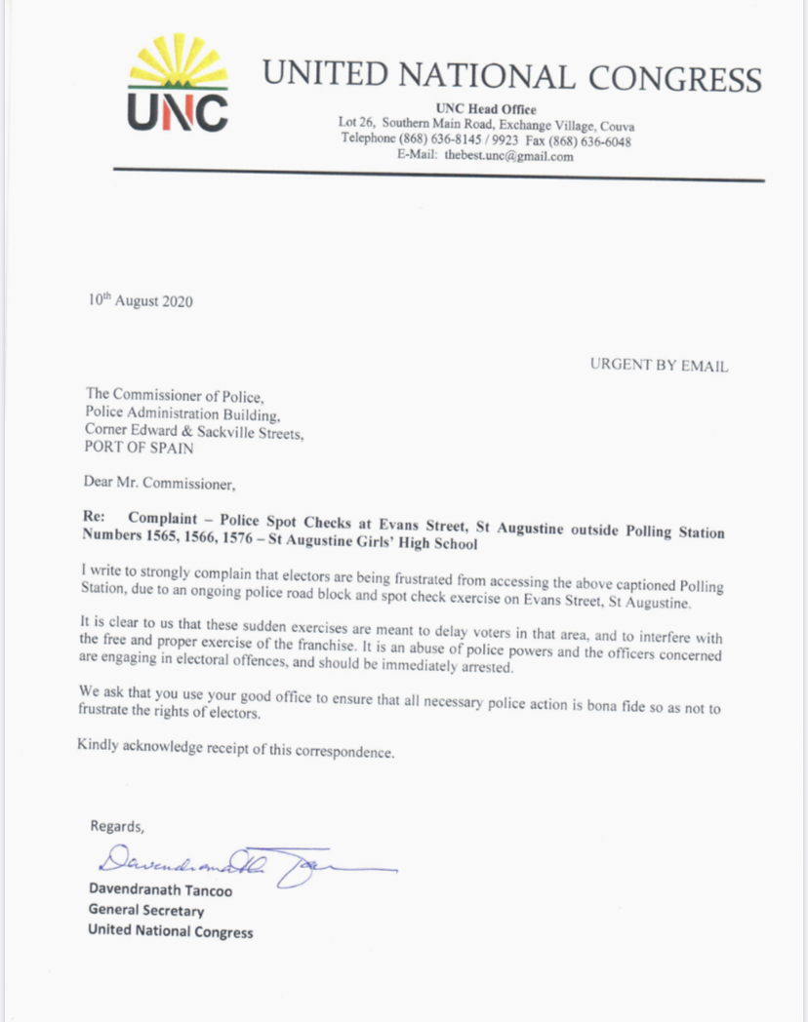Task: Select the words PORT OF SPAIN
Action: tap(138, 450)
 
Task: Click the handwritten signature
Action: tap(244, 862)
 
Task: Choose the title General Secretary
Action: tap(146, 911)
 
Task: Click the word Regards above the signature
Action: tap(117, 825)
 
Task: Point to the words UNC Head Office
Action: tap(486, 108)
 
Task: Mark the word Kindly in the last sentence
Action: tap(100, 747)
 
